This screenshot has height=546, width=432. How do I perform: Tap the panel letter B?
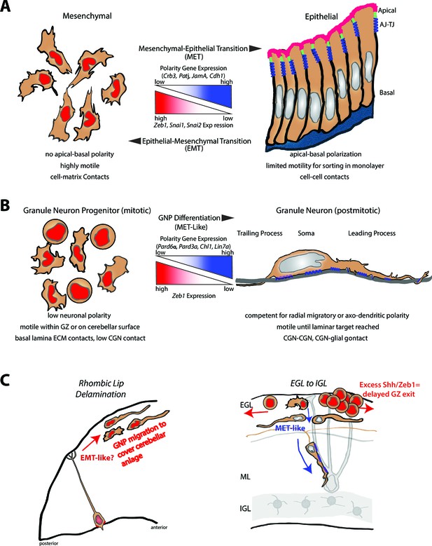coord(5,205)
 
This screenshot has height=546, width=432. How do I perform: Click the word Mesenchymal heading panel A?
coord(87,16)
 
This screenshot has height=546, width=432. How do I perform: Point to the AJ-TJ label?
coord(386,25)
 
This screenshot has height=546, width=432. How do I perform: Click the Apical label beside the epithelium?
coord(386,11)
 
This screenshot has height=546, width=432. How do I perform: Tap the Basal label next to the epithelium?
coord(386,93)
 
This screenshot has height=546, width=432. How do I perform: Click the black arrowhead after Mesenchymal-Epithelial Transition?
coord(256,48)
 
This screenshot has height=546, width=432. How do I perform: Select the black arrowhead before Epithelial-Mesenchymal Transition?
coord(134,141)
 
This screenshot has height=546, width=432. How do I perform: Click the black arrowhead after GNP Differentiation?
coord(228,218)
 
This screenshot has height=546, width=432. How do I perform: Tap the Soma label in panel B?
coord(306,233)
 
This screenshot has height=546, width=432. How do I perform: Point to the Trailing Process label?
coord(260,233)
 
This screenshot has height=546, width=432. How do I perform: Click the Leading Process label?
coord(372,233)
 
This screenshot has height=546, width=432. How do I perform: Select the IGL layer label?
coord(245,509)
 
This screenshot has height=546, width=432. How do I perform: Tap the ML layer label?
coord(245,477)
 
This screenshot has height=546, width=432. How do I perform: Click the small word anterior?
coord(159,527)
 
